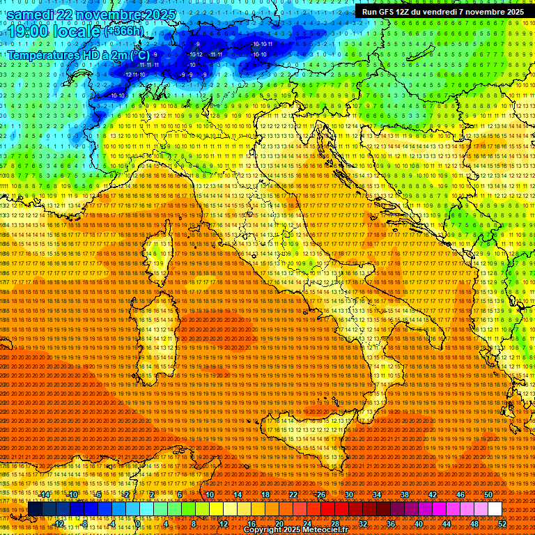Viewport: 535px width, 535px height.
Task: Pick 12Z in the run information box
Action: [403, 12]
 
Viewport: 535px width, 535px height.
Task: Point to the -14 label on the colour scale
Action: [45, 495]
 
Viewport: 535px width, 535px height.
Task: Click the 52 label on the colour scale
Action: [502, 523]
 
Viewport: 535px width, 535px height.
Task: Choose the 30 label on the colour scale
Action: [349, 495]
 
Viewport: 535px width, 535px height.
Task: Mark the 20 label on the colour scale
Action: [279, 523]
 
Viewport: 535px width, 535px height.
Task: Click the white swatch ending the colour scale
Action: [495, 509]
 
